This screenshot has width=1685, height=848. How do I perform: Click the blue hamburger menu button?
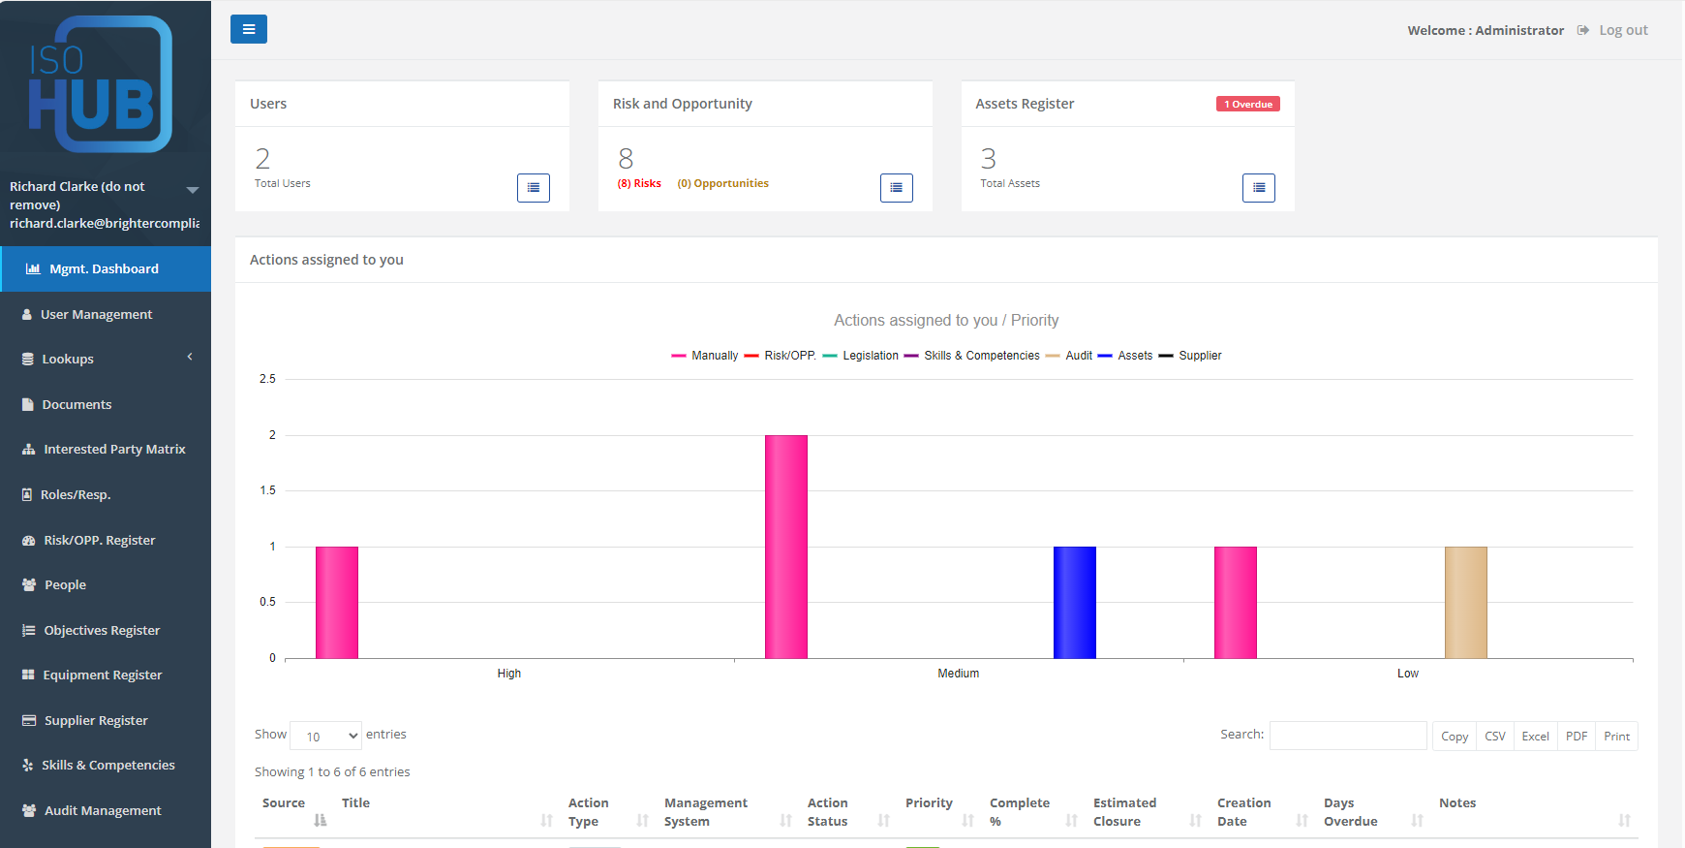point(248,29)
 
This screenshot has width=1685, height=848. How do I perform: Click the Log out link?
point(1622,30)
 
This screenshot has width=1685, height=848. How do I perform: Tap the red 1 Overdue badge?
point(1247,104)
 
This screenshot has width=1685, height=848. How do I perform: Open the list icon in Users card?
point(533,188)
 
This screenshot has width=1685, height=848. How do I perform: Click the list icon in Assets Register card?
point(1258,188)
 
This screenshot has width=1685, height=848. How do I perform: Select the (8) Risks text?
point(639,183)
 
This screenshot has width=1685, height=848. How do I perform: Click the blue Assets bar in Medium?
point(1074,603)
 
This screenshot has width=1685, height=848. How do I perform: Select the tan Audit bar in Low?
point(1465,603)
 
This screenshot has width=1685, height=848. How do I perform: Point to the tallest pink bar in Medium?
point(785,548)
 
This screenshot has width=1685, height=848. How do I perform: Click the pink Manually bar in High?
point(336,603)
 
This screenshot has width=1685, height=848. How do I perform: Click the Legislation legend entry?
point(870,356)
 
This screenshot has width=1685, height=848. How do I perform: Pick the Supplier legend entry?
point(1199,356)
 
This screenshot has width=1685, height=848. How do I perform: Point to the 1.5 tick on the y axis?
point(267,490)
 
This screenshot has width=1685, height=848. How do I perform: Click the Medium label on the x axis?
point(958,674)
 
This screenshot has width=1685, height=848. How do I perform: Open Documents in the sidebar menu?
point(77,404)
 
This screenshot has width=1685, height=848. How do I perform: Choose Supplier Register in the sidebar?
point(96,720)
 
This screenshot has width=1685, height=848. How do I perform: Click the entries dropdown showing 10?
point(325,736)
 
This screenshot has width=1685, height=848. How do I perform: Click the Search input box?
point(1347,736)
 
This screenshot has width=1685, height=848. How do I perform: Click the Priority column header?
point(929,802)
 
